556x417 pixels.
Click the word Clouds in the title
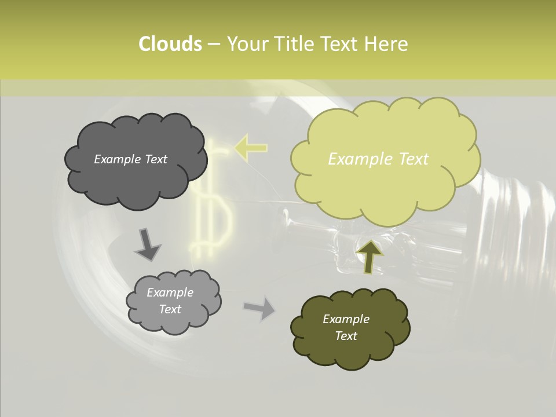(170, 44)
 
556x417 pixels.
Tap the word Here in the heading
(386, 44)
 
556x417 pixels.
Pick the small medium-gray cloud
(174, 319)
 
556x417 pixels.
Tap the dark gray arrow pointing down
(147, 244)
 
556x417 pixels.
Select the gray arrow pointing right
(259, 308)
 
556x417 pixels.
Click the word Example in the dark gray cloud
(118, 159)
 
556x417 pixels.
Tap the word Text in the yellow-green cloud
(409, 159)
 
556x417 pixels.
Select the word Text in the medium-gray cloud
(170, 309)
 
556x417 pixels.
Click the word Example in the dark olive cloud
(346, 319)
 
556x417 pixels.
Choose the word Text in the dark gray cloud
(155, 159)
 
